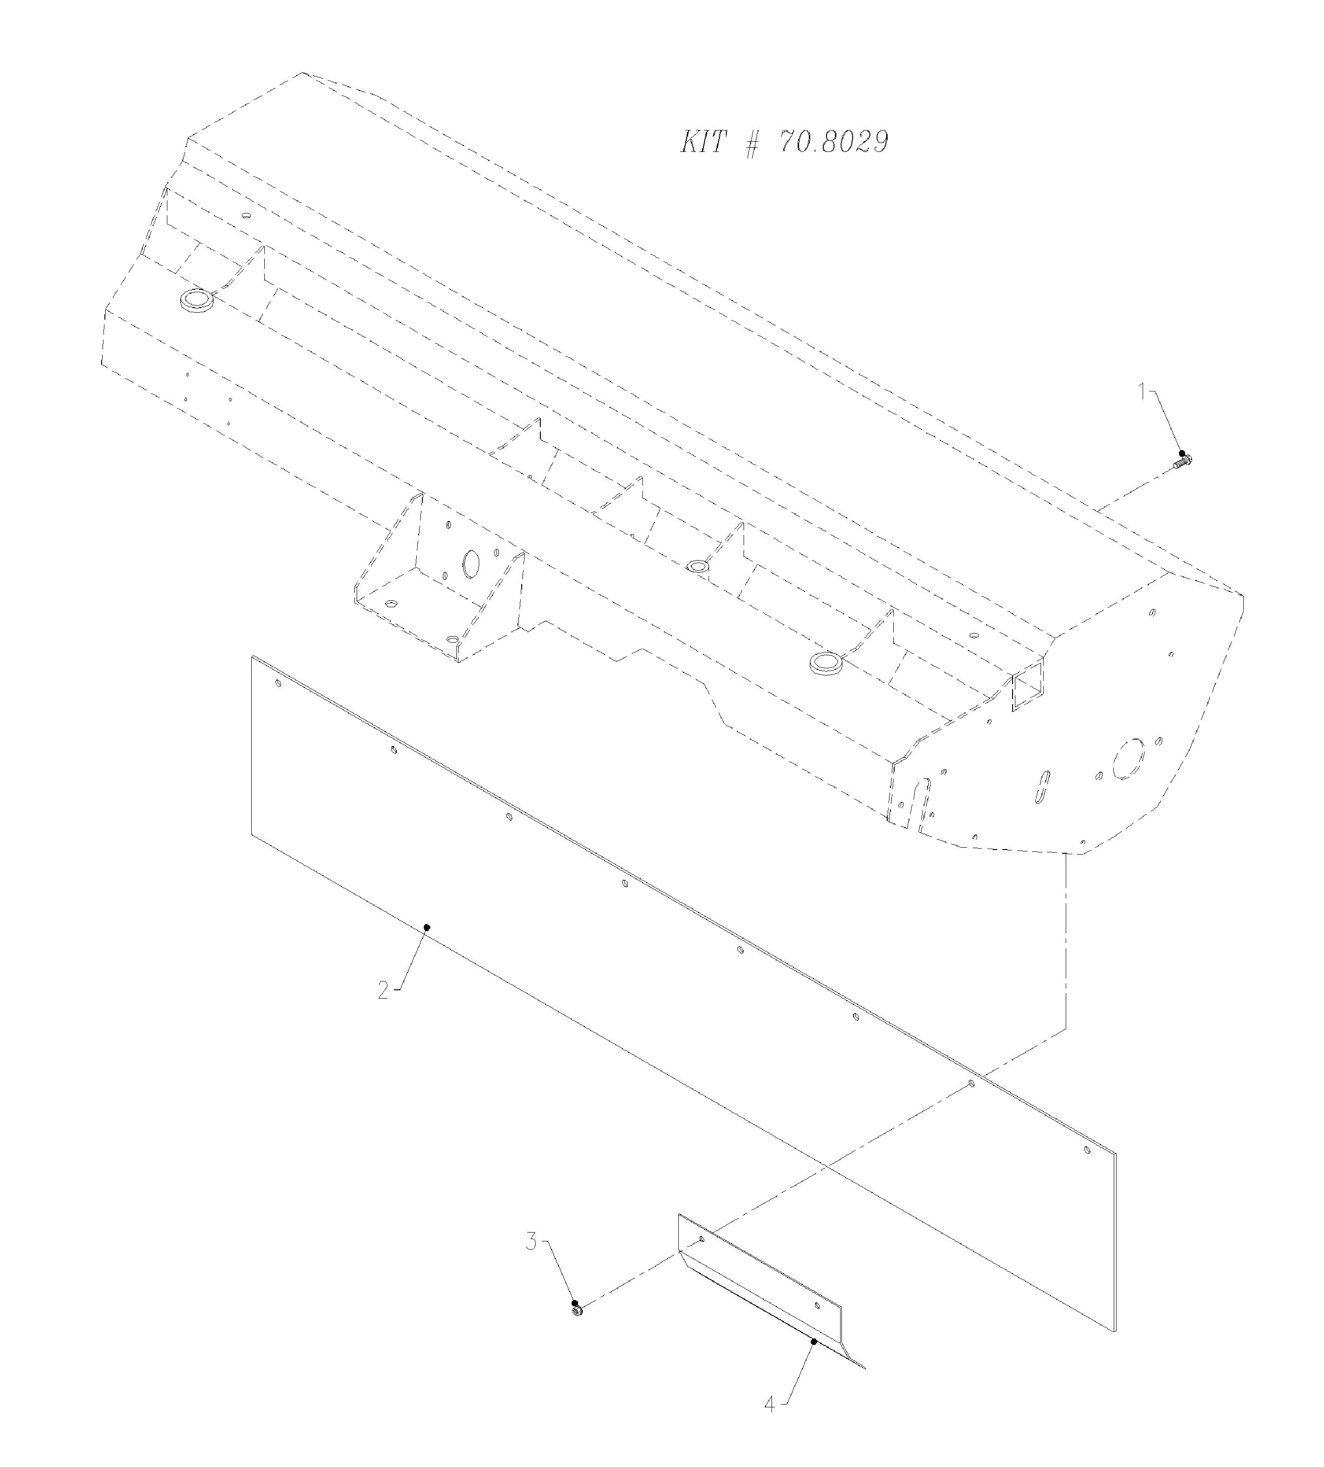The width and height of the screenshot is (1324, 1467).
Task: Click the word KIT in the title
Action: tap(703, 143)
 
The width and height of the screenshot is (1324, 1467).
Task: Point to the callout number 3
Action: tap(532, 1241)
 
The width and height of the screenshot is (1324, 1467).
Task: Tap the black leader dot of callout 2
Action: tap(428, 926)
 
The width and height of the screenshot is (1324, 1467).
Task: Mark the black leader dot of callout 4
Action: tap(814, 1341)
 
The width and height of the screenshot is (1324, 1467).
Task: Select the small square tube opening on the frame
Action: tap(1027, 686)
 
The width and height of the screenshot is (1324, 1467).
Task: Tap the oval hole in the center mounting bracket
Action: tap(471, 564)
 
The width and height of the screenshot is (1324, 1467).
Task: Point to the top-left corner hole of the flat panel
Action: tap(278, 683)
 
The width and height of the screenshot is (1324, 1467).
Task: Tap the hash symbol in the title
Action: tap(752, 143)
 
